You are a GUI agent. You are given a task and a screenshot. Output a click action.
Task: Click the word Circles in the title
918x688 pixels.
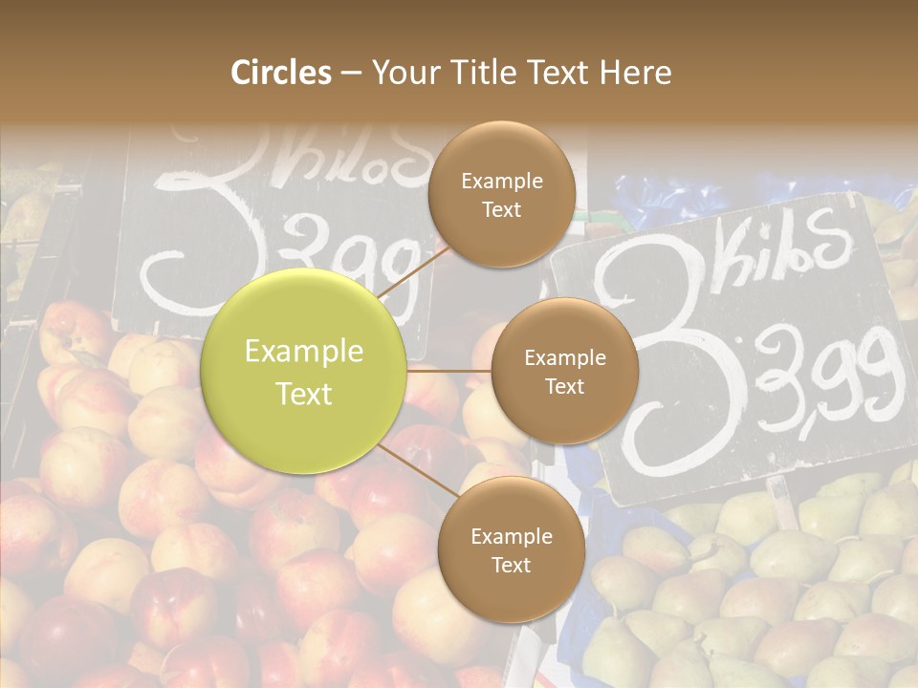[280, 73]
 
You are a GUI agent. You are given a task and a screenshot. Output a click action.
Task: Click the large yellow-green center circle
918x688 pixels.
[304, 372]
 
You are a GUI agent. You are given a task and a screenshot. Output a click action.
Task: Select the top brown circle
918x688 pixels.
[501, 194]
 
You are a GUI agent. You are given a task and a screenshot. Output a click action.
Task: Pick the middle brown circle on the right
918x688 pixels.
[564, 371]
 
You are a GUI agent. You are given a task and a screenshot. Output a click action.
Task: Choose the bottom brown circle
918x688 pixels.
[511, 549]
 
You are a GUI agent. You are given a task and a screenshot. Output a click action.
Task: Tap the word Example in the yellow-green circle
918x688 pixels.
[304, 352]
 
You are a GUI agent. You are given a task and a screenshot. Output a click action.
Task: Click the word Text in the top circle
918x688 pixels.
[501, 209]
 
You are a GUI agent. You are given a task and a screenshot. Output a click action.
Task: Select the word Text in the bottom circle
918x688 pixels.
[511, 565]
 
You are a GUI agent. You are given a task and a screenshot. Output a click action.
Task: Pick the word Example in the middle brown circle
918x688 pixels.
[564, 357]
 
